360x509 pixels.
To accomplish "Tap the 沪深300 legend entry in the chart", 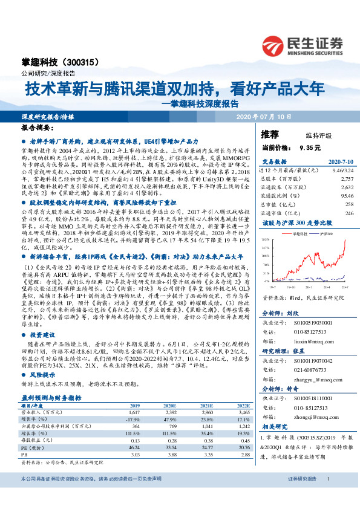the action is tap(317, 232).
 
